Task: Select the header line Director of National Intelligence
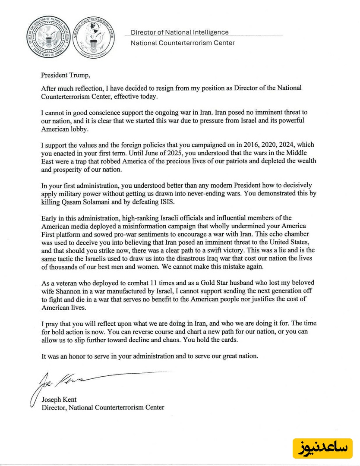coord(180,32)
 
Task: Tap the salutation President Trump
coord(66,75)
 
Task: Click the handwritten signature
coord(65,382)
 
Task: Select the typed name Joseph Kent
coord(59,399)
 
